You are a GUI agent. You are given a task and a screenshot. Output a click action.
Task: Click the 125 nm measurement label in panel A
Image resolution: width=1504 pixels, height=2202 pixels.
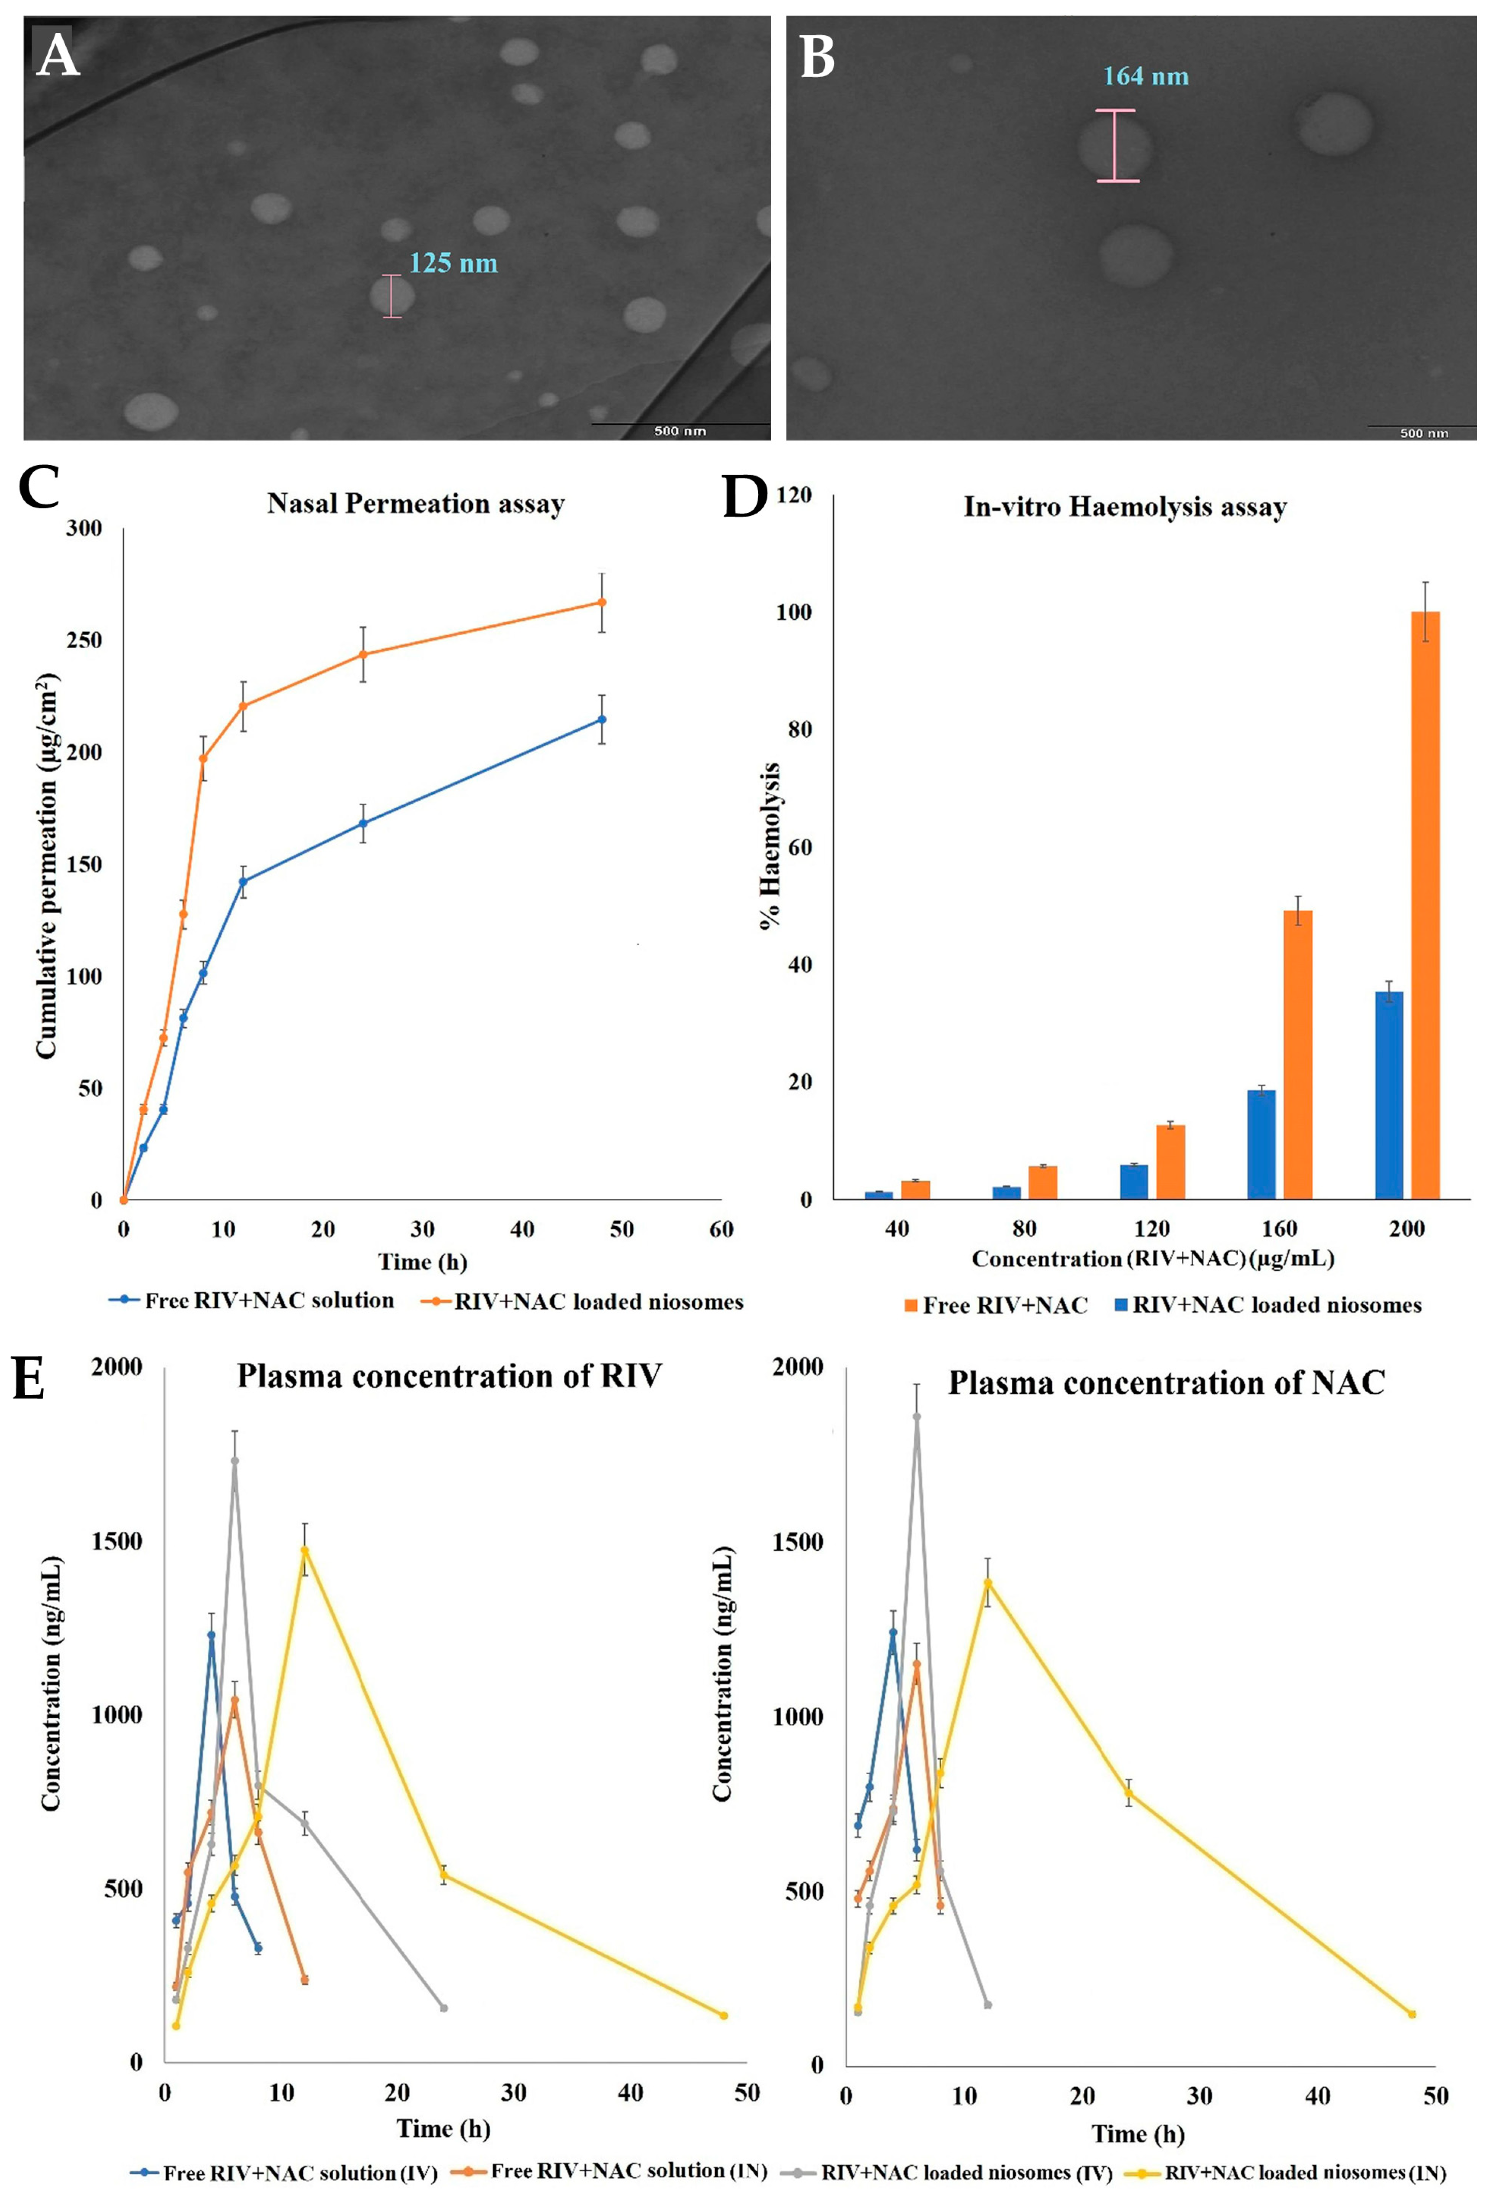tap(453, 264)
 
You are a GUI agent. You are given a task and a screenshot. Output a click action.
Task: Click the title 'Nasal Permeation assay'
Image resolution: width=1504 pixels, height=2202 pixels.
tap(416, 503)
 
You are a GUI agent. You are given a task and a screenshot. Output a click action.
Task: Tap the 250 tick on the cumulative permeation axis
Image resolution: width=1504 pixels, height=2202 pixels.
tap(85, 641)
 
